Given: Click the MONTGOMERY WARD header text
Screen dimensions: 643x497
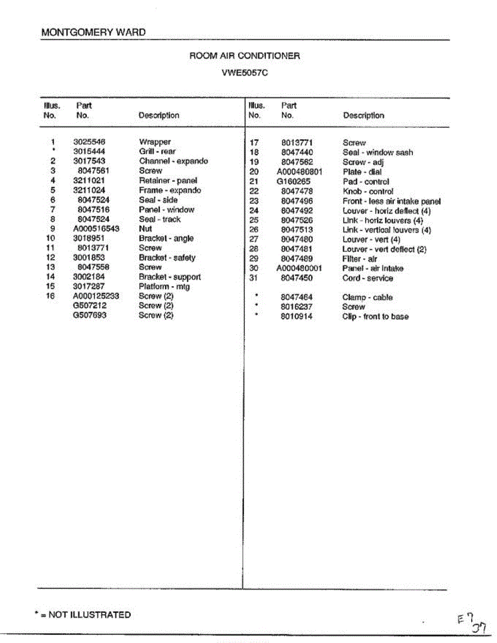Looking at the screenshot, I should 93,32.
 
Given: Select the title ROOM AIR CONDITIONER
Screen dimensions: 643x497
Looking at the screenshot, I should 244,56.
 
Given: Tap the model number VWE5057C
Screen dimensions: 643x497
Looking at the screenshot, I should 244,73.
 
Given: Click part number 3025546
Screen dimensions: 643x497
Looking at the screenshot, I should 89,142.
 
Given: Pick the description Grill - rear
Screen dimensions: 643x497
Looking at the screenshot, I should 157,152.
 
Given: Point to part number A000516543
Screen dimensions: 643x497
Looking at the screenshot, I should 96,229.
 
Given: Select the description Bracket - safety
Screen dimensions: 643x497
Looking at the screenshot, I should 167,258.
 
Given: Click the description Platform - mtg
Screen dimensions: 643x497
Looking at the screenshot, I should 164,287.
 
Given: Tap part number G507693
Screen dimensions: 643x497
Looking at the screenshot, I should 90,315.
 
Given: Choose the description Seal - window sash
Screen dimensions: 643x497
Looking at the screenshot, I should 377,152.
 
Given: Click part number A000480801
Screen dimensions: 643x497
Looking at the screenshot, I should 299,172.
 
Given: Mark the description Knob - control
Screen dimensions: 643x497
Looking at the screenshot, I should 368,191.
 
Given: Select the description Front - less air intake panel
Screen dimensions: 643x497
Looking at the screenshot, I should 391,201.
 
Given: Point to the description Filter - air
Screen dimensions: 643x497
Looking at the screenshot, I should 360,259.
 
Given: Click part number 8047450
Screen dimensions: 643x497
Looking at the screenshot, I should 296,278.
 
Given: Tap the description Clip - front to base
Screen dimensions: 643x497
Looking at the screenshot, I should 375,317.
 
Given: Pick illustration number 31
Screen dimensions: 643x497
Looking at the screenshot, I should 255,278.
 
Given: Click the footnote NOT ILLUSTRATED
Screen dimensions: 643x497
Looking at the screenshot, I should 89,615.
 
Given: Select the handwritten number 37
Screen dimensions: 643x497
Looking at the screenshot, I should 479,626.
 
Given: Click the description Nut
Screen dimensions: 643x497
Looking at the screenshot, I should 145,229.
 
